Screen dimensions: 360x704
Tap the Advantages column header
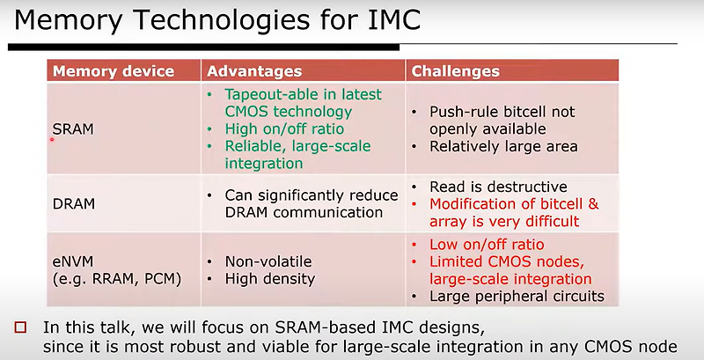[x=254, y=71]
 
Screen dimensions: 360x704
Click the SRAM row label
[x=73, y=129]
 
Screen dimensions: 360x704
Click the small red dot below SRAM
[x=53, y=139]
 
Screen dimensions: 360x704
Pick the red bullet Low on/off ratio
[x=486, y=244]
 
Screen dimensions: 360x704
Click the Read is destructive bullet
[x=498, y=187]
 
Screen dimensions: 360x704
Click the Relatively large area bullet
[x=503, y=146]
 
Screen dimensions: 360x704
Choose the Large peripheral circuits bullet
[x=517, y=296]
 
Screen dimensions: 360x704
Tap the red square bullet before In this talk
[x=21, y=327]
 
